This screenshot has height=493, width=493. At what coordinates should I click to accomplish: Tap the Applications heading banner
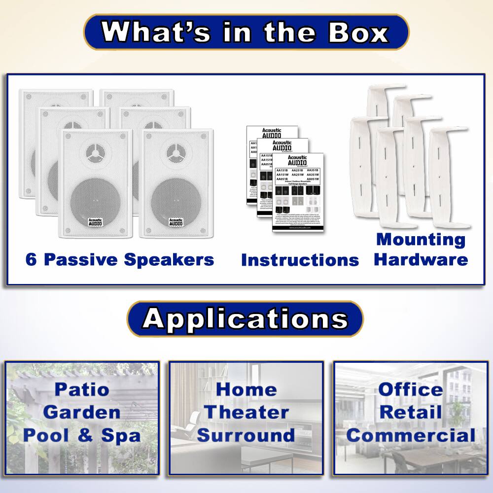point(245,319)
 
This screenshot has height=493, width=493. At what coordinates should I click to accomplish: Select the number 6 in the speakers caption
point(31,260)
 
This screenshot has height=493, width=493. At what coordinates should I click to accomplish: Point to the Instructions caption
point(300,260)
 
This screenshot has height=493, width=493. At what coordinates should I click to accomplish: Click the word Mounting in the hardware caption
point(421,240)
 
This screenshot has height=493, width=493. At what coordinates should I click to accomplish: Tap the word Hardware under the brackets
point(421,260)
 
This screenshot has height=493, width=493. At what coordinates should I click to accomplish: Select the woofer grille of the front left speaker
point(95,200)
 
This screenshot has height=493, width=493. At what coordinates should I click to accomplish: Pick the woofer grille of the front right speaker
point(176,200)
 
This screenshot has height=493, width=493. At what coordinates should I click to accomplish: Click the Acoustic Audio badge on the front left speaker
point(95,222)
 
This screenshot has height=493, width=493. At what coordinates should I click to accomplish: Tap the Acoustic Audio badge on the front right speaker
point(176,222)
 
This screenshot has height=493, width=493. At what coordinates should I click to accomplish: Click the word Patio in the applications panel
point(82,389)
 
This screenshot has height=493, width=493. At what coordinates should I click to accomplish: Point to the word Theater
point(246,412)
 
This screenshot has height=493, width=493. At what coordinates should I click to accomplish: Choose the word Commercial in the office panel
point(411,435)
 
